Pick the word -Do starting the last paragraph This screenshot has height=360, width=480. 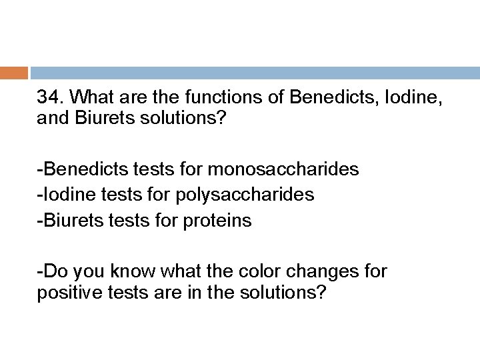tap(51, 271)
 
